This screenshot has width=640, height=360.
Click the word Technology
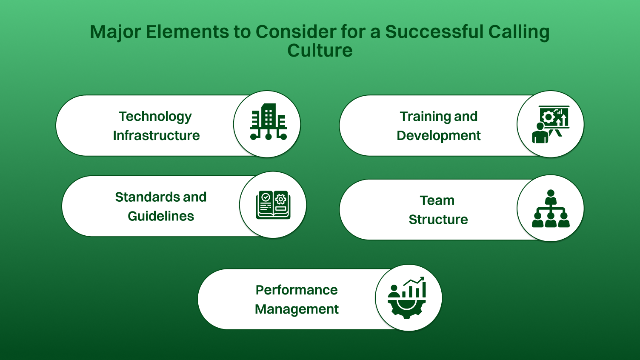point(155,117)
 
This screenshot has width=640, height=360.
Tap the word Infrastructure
point(156,135)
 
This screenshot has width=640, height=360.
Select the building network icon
point(268,123)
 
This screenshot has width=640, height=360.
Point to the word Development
point(438,135)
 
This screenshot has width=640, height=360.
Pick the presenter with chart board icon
point(551,124)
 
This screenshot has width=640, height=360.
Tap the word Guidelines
point(161,216)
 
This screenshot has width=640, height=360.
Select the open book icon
point(273,205)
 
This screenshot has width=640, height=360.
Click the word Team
point(437,200)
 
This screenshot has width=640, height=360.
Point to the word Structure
point(438,220)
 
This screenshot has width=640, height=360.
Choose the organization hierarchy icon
point(551,209)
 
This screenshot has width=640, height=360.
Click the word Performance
point(297,290)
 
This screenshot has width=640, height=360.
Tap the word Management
point(297,309)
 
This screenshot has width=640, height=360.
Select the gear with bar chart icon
point(407,298)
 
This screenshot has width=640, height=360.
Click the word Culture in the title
point(320,51)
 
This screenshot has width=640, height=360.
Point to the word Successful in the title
point(434,32)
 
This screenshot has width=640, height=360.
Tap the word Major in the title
point(115,32)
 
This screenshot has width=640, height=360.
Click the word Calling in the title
point(519,32)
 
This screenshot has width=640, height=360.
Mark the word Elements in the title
point(187,32)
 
